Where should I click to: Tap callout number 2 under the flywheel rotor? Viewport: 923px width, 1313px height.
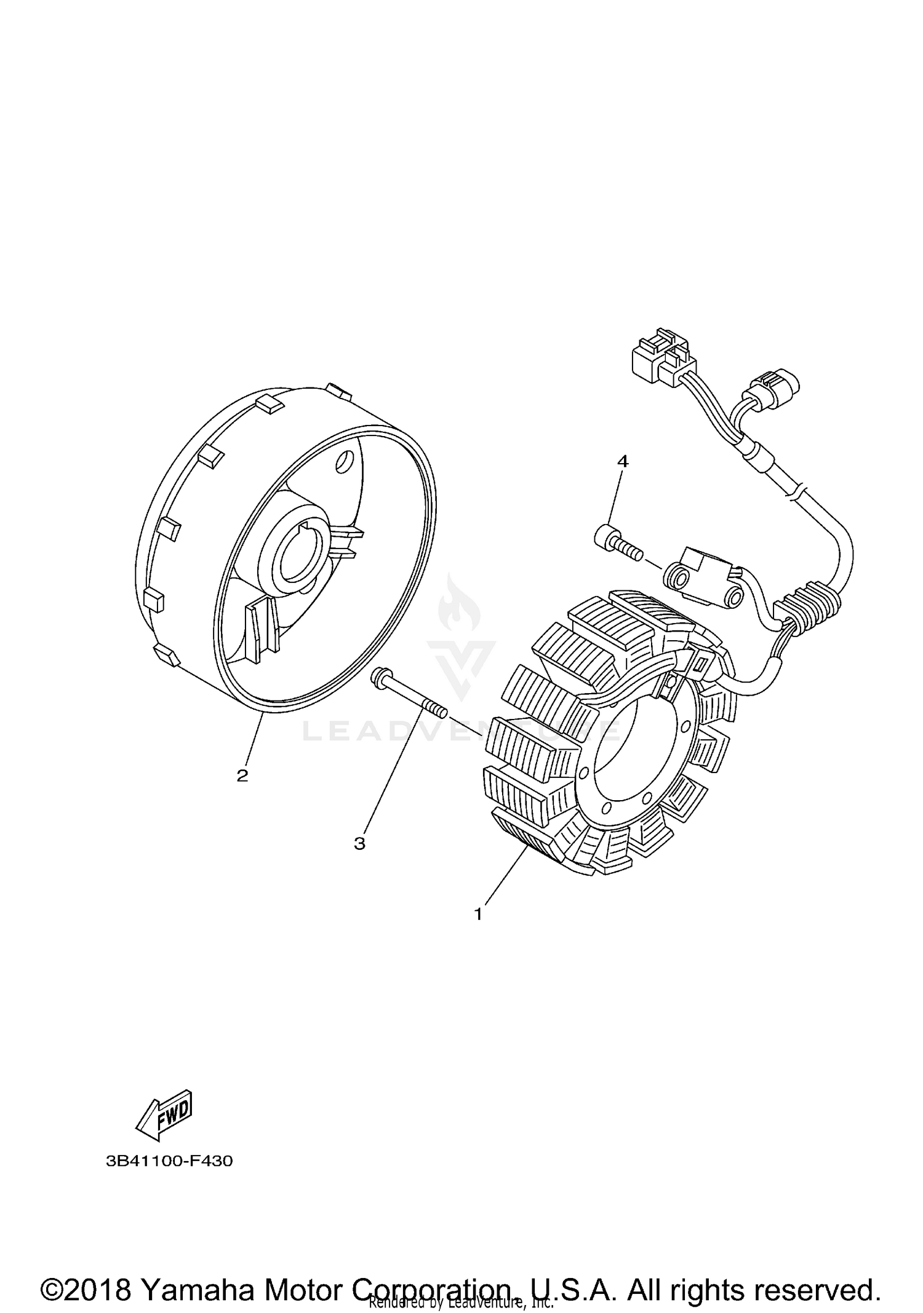242,776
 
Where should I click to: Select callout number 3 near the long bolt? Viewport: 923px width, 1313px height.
359,843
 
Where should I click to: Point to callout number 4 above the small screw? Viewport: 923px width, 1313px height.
623,461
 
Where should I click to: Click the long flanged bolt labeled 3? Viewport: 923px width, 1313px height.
406,696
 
